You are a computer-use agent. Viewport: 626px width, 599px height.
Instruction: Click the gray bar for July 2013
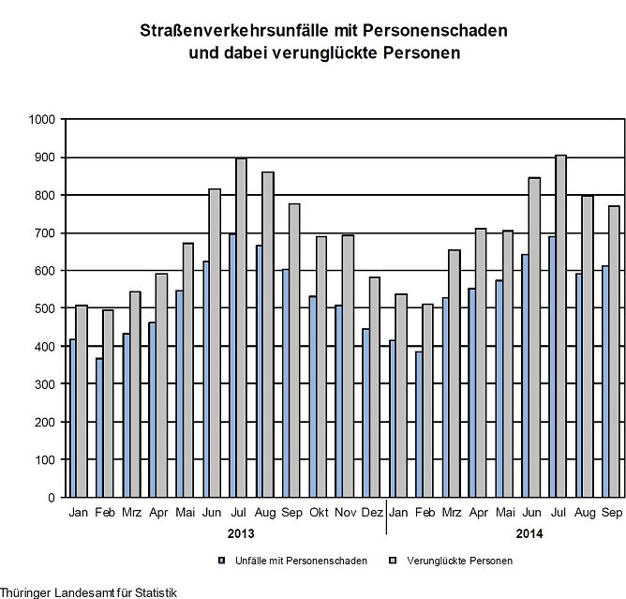241,328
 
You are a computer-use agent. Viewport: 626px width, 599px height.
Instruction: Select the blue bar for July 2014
553,384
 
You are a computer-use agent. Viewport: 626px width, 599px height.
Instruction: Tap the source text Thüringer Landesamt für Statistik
88,592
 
